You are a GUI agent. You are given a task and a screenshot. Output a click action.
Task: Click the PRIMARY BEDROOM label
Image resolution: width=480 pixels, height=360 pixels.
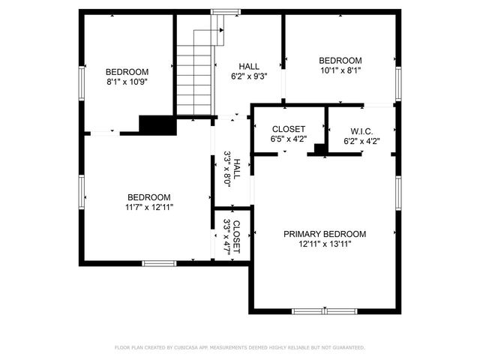coord(324,234)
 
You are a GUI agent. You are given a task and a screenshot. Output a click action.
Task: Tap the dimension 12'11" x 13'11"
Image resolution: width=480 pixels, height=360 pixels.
coord(324,244)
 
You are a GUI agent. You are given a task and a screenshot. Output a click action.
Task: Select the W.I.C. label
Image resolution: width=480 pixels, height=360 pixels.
coord(361,129)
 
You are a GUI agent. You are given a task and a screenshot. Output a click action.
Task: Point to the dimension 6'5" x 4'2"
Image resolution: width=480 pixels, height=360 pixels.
coord(288,139)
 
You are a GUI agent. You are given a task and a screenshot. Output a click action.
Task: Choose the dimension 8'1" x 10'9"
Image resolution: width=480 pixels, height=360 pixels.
coord(126,82)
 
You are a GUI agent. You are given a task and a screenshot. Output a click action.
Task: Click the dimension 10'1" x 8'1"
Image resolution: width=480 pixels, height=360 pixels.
coord(340,71)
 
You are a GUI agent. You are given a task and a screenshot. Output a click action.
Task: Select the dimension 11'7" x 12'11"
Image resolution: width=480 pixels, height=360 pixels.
coord(148,207)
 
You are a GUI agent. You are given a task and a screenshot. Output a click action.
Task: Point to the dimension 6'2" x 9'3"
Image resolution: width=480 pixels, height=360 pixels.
coord(249,76)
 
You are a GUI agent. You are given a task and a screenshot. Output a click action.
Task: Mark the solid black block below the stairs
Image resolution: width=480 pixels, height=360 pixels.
coord(157,125)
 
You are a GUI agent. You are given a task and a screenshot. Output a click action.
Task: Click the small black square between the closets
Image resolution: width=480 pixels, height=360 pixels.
coord(319,149)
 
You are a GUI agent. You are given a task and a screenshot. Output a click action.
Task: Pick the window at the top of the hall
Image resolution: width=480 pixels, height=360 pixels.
coord(221,11)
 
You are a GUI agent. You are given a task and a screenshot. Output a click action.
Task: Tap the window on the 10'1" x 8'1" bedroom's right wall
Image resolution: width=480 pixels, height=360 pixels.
coord(398,83)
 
